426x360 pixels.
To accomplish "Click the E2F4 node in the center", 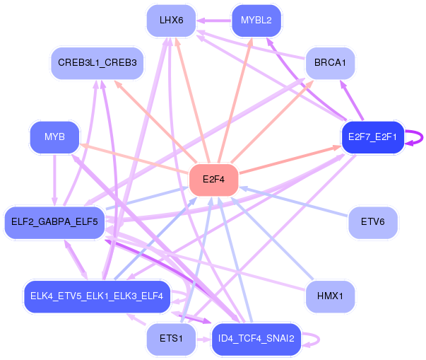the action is tap(213, 180).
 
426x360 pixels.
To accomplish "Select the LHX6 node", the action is tap(171, 21).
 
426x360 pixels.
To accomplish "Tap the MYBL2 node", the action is tap(256, 21).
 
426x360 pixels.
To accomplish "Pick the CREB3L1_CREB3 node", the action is tap(97, 63).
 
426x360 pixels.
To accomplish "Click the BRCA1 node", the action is tap(330, 63).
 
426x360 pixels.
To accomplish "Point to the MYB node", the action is tap(54, 137).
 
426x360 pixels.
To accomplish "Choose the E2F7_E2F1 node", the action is tap(373, 137).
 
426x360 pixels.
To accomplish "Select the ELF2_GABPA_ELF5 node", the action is tap(54, 222).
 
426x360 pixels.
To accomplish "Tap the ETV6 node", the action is tap(373, 222).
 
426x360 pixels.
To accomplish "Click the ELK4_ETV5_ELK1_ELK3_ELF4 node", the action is tap(97, 296).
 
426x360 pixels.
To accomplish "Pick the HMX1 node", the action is tap(330, 296).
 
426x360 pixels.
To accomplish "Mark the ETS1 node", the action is tap(171, 339).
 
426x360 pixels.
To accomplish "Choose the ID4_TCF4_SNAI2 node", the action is tap(256, 339).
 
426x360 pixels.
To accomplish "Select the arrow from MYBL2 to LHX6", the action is tap(214, 21).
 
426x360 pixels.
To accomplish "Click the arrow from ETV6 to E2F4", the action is tap(294, 201).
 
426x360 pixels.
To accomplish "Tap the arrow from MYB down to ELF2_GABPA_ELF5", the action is tap(54, 180).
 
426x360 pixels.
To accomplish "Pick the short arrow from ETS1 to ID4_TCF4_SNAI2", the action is tap(203, 339).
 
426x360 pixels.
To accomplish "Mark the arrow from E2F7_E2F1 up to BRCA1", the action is tap(352, 100).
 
